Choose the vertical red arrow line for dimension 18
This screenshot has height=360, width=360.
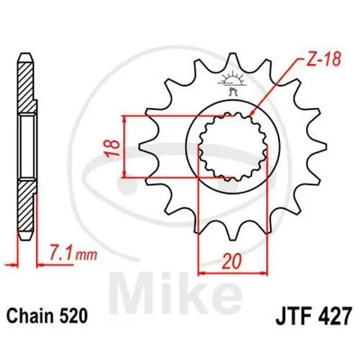[x=127, y=145]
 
